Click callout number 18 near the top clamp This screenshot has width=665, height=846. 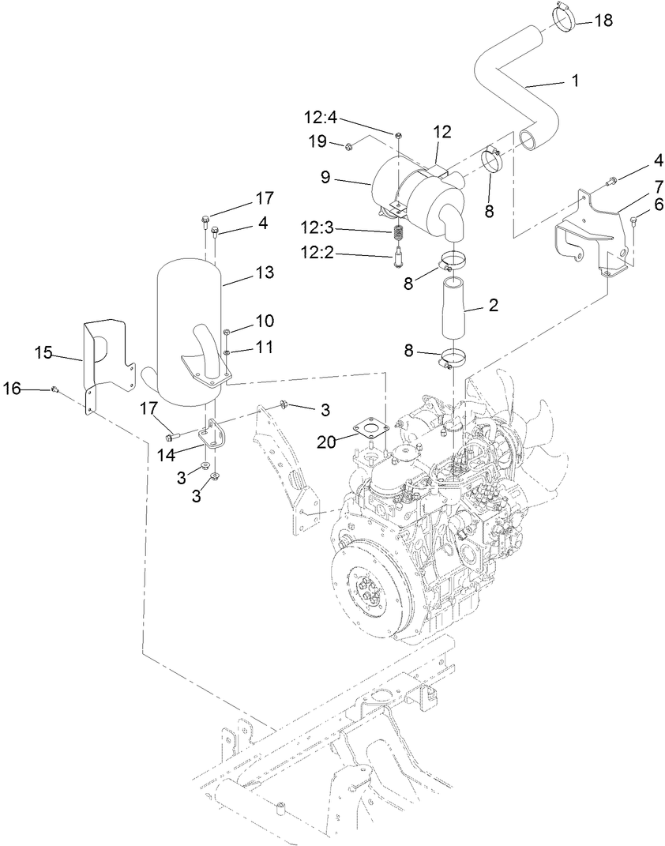pos(602,21)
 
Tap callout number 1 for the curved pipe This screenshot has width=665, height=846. pos(575,81)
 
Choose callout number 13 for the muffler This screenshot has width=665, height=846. pos(265,273)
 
